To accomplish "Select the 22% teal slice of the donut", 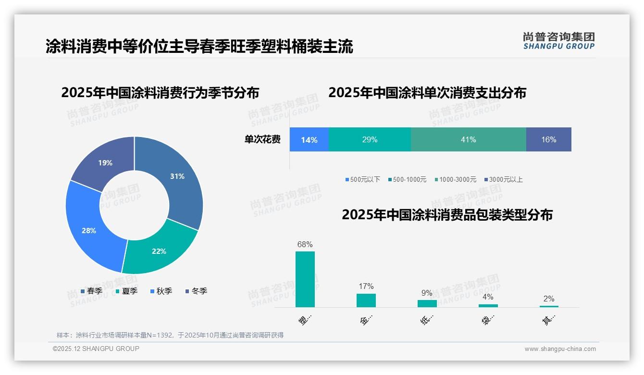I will pyautogui.click(x=159, y=250).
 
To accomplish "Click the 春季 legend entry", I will pyautogui.click(x=92, y=291).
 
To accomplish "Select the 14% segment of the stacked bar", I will pyautogui.click(x=309, y=140).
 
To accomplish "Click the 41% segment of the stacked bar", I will pyautogui.click(x=468, y=140).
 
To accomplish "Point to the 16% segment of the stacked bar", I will pyautogui.click(x=548, y=140).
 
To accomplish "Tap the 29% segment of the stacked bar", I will pyautogui.click(x=370, y=140).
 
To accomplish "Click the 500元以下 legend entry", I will pyautogui.click(x=362, y=179).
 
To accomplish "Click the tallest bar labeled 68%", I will pyautogui.click(x=305, y=279).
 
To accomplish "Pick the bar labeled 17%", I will pyautogui.click(x=366, y=300).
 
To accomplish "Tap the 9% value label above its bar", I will pyautogui.click(x=427, y=293).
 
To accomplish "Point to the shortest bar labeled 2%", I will pyautogui.click(x=549, y=306).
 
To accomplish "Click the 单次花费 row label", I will pyautogui.click(x=262, y=140).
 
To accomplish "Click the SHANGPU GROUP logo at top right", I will pyautogui.click(x=558, y=41).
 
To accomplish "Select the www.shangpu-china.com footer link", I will pyautogui.click(x=560, y=349).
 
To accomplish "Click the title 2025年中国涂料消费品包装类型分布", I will pyautogui.click(x=447, y=215).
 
